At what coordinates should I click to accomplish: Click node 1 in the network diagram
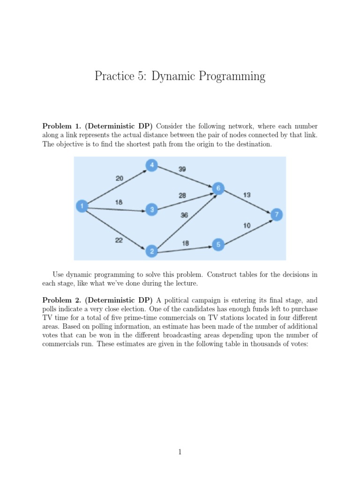pos(82,206)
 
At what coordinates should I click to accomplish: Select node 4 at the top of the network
pos(151,165)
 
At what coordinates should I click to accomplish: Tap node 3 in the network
pos(151,210)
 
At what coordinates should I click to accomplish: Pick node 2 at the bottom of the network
pos(151,252)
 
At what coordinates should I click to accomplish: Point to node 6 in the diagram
pos(218,188)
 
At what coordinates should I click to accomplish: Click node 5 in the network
pos(218,244)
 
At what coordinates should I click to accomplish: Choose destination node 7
pos(277,215)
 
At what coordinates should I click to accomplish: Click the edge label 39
pos(182,169)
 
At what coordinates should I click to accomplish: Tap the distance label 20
pos(120,178)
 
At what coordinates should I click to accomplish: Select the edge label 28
pos(182,195)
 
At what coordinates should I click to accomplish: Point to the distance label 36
pos(184,214)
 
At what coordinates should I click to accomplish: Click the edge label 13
pos(247,194)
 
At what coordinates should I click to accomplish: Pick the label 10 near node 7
pos(247,225)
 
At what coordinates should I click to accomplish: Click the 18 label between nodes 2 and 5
pos(185,243)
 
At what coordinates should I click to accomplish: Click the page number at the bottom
pos(180,451)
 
